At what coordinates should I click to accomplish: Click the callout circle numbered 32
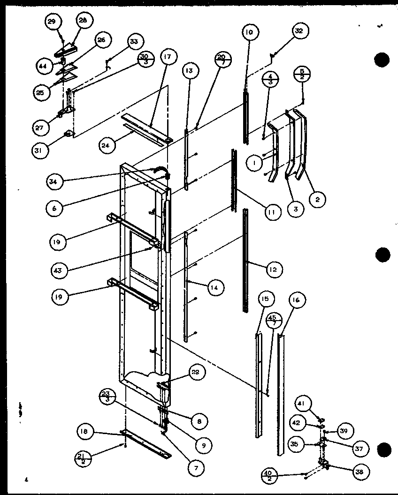(x=299, y=31)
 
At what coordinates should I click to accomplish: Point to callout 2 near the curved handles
(x=317, y=199)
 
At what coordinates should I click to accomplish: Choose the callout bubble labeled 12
(x=273, y=269)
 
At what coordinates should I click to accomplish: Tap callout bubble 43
(x=61, y=270)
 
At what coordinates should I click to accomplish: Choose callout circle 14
(x=214, y=288)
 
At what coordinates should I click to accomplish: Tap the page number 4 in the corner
(x=27, y=480)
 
